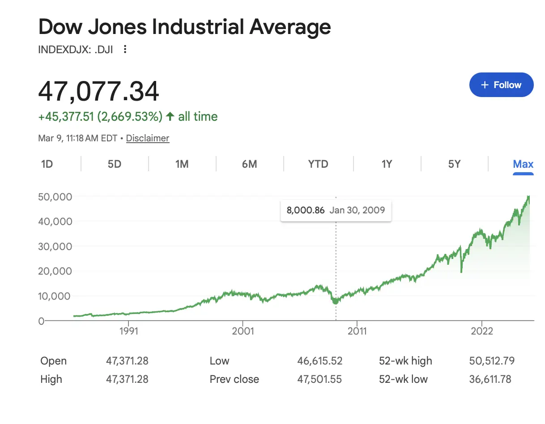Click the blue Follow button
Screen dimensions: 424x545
tap(501, 85)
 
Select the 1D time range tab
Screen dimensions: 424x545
tap(47, 164)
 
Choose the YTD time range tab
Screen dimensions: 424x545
tap(318, 164)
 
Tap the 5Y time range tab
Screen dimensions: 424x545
tap(454, 164)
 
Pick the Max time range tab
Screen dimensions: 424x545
tap(523, 164)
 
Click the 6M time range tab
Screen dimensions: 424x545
tap(249, 164)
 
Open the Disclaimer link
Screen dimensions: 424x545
tap(148, 138)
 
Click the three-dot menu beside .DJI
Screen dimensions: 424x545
tap(125, 49)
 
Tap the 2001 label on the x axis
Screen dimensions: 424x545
tap(243, 331)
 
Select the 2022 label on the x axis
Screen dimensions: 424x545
tap(481, 331)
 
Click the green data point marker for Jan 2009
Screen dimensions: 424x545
tap(336, 301)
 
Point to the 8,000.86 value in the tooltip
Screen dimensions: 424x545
tap(306, 210)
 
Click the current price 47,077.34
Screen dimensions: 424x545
tap(98, 92)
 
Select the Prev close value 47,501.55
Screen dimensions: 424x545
tap(319, 379)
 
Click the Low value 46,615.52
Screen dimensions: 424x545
tap(319, 361)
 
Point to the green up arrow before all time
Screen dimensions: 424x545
tap(170, 117)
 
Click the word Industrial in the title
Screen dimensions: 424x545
tap(197, 27)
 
